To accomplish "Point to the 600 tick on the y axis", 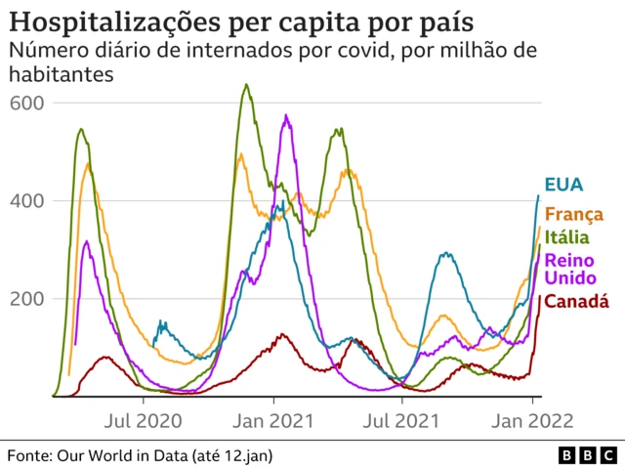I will click(x=26, y=103).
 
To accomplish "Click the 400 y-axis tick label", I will click(x=26, y=200).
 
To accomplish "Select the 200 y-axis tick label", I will click(x=26, y=298).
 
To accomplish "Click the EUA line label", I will click(x=564, y=185).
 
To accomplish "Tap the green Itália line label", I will click(x=568, y=237).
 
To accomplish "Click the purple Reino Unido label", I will click(x=567, y=271).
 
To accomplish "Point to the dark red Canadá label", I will click(x=576, y=302).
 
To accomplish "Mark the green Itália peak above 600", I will click(x=246, y=85).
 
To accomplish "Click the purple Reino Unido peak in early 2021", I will click(x=286, y=116).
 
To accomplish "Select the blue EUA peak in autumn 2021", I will click(x=445, y=254).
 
